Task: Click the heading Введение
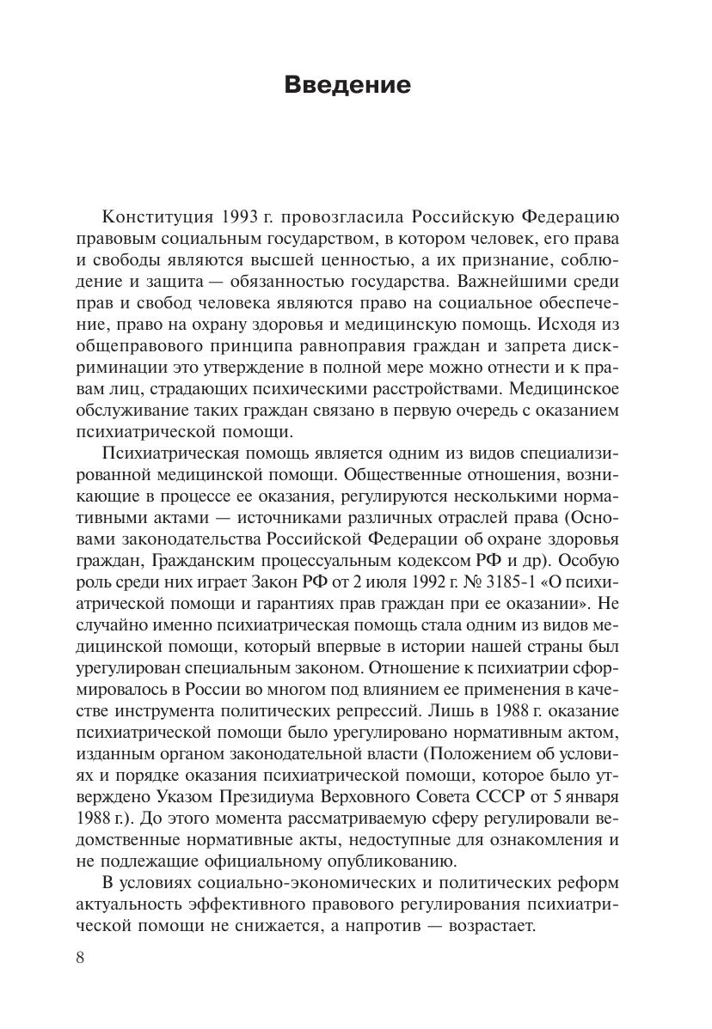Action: (347, 86)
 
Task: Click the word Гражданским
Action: (226, 560)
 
